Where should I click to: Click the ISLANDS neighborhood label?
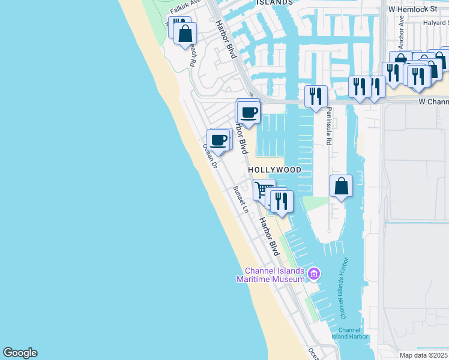click(274, 2)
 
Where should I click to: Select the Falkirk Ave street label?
click(184, 8)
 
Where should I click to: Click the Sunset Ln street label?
click(241, 199)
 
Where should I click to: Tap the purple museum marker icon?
click(313, 275)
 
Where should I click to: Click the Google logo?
click(20, 353)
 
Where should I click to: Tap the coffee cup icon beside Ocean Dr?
click(218, 140)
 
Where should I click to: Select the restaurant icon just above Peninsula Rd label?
click(316, 95)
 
